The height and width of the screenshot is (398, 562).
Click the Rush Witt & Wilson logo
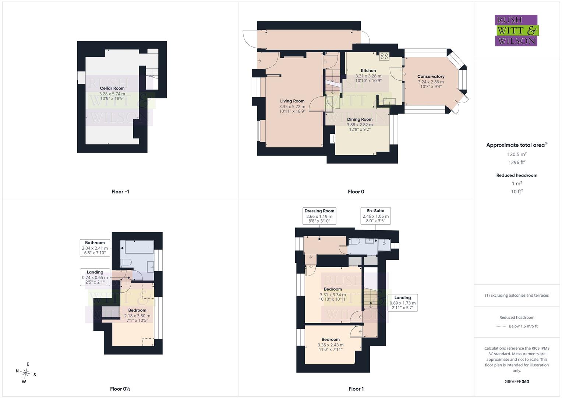(517, 30)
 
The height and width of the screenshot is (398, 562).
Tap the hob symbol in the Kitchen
(384, 56)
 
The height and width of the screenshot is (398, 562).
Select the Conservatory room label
(431, 76)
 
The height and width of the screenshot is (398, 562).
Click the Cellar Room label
(112, 88)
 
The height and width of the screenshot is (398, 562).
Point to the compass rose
(26, 373)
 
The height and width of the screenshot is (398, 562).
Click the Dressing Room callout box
(319, 216)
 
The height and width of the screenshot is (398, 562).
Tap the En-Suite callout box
(375, 216)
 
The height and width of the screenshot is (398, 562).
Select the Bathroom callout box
(95, 248)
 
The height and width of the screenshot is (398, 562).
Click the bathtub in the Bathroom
(139, 247)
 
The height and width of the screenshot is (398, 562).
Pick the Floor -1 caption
(120, 192)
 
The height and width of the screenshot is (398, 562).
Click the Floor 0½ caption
(120, 389)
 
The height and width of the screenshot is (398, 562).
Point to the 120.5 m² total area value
(517, 154)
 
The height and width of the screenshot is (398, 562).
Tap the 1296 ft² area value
(517, 162)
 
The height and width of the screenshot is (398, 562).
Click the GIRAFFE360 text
(517, 382)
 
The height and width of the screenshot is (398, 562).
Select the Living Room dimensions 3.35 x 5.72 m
(292, 107)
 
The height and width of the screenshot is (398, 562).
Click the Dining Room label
(360, 119)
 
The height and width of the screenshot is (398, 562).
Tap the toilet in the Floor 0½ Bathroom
(126, 262)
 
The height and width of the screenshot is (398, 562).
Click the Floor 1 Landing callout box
(402, 303)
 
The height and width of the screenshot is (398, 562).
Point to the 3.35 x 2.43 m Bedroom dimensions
(331, 345)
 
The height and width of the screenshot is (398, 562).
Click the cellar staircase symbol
(152, 73)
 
